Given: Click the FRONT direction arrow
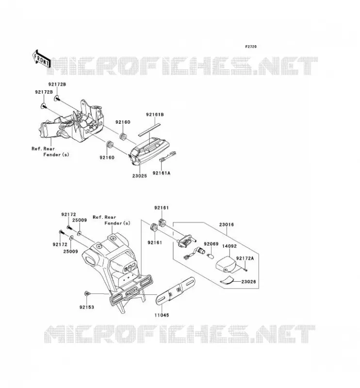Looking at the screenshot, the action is (41, 59).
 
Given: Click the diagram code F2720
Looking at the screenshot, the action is (251, 47).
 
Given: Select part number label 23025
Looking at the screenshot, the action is (139, 176).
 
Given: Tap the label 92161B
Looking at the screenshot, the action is (155, 114).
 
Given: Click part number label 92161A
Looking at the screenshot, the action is (162, 173).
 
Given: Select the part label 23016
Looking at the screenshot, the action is (226, 225).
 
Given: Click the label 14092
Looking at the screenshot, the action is (229, 246).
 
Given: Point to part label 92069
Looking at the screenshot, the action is (211, 244).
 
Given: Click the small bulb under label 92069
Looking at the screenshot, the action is (210, 256).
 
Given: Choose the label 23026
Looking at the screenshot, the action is (248, 282).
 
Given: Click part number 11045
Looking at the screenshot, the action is (162, 315).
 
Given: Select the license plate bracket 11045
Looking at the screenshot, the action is (175, 291).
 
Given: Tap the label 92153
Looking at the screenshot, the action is (87, 307).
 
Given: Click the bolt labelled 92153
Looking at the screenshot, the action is (87, 293).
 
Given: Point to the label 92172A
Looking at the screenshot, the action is (245, 259).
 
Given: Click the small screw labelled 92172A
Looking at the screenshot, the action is (245, 270).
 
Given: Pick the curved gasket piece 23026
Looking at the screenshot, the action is (227, 281).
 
